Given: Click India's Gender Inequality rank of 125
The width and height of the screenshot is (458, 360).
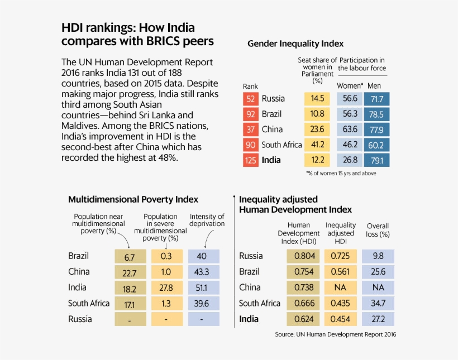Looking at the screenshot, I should [x=251, y=161].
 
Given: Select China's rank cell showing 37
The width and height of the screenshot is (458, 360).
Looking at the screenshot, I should [x=251, y=129].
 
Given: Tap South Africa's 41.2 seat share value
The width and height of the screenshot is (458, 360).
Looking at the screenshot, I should [x=317, y=145].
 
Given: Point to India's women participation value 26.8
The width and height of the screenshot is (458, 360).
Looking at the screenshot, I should [x=351, y=161].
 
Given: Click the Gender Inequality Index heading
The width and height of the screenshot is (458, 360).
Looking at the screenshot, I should [x=295, y=44].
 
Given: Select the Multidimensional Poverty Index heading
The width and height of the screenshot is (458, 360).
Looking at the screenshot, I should [x=133, y=199].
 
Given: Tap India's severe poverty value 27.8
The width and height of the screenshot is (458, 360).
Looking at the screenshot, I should [x=166, y=288].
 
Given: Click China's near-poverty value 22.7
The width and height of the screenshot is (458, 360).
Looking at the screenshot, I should [x=130, y=272].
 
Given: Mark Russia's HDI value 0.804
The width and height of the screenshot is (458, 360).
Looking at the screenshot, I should [x=304, y=256].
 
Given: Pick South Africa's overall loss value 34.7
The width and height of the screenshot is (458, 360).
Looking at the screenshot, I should [x=378, y=304].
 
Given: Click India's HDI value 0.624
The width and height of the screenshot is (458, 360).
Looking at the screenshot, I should [x=304, y=319].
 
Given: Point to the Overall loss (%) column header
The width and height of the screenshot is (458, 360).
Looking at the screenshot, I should [x=378, y=230].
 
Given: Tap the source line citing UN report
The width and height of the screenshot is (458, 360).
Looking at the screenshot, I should [x=335, y=334].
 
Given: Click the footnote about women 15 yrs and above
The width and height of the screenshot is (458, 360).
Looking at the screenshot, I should [x=341, y=174].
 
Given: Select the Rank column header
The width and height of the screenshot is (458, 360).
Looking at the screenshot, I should [x=250, y=87].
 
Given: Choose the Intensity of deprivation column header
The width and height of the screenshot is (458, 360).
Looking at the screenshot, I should [x=207, y=220].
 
